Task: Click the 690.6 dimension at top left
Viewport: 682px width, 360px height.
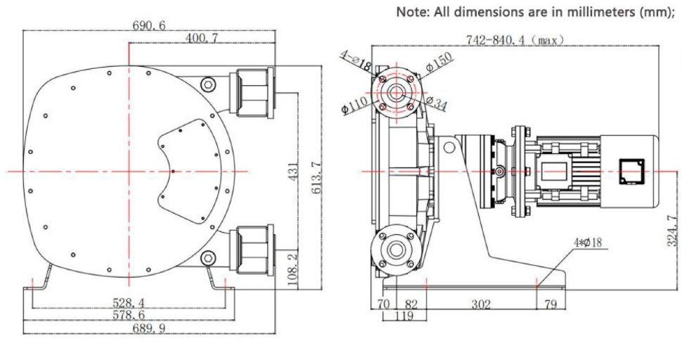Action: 149,25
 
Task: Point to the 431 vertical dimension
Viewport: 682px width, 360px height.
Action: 295,171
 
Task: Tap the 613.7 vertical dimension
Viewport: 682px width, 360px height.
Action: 315,171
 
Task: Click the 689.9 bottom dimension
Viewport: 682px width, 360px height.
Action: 149,328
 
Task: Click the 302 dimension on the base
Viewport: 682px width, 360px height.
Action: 482,304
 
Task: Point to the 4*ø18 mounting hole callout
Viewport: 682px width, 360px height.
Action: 587,243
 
